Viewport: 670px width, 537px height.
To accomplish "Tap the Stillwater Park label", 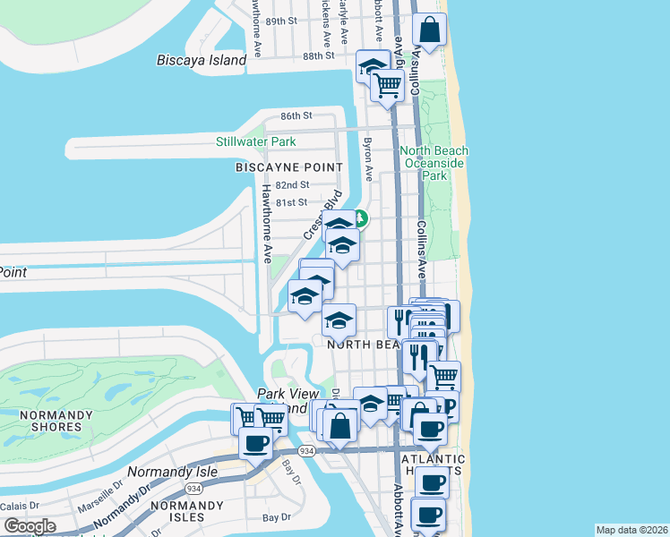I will tap(255, 141).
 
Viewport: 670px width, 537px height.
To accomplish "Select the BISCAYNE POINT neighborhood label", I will tap(288, 167).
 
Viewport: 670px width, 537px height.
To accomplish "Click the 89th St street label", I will tap(280, 21).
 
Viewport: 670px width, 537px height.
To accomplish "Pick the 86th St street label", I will tap(296, 116).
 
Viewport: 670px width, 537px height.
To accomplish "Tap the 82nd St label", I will tap(292, 184).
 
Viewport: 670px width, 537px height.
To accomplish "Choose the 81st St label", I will tap(291, 203).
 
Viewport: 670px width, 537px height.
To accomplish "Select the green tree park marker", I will tap(359, 217).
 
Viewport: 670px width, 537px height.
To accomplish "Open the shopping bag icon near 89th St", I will tap(430, 30).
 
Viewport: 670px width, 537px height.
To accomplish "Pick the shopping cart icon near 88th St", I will tap(387, 87).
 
